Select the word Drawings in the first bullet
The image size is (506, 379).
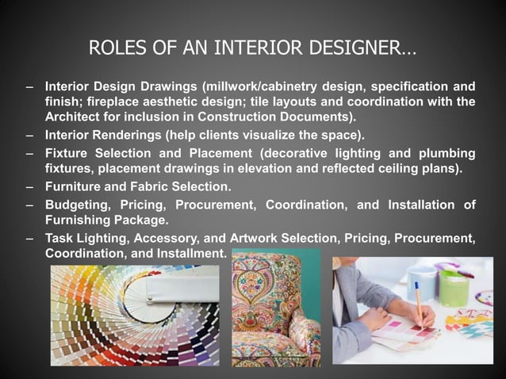[x=166, y=85]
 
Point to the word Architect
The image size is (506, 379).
[x=72, y=117]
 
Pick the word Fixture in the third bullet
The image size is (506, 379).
[x=66, y=152]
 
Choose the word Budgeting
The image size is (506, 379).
[x=78, y=205]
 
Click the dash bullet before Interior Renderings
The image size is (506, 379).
[x=29, y=135]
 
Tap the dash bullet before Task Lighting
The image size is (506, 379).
[x=29, y=239]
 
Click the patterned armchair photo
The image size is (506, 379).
[x=276, y=310]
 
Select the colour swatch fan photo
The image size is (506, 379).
[x=135, y=314]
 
